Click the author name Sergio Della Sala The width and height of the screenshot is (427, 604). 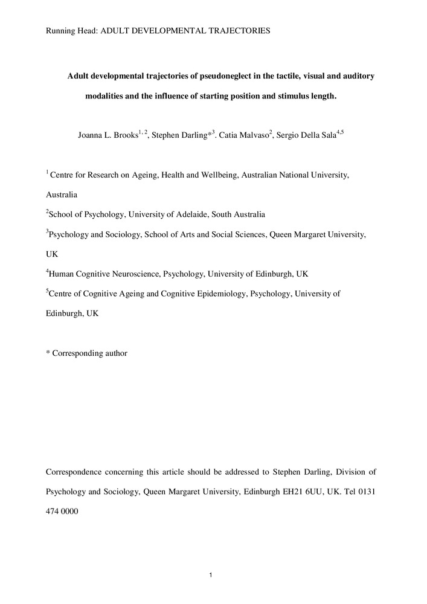coord(306,135)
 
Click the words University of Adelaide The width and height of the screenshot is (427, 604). coord(175,214)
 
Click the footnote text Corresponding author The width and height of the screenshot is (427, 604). coord(90,353)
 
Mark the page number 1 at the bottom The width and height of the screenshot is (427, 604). coord(210,574)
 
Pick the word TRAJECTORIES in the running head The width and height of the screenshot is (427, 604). coord(239,30)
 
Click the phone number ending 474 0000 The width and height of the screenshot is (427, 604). coord(62,512)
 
